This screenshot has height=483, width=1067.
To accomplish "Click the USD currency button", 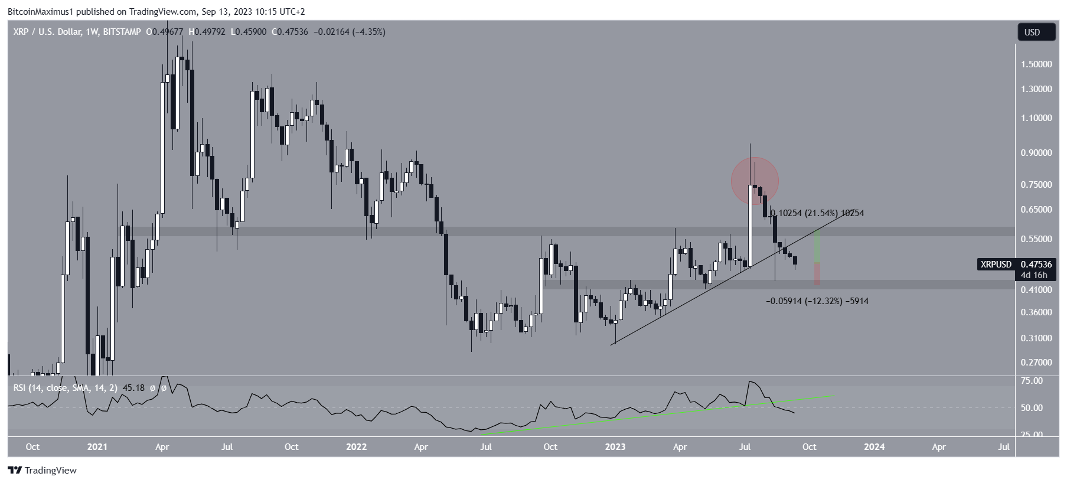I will (x=1036, y=32).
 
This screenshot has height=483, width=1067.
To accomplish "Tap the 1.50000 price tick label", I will (x=1036, y=64).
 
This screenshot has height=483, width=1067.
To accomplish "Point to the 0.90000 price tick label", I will (x=1036, y=153).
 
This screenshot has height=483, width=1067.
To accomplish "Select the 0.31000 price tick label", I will (x=1036, y=338).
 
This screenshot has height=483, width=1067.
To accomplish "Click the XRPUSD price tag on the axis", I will (x=996, y=265).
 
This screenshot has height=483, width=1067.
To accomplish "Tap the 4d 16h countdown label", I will (x=1034, y=275).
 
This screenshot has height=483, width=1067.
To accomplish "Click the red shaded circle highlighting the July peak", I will (x=755, y=181).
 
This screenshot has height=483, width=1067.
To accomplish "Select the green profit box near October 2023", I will (x=817, y=247).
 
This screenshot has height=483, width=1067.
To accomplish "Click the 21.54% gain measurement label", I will (x=817, y=213).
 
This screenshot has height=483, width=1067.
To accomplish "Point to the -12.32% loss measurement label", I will (x=817, y=301).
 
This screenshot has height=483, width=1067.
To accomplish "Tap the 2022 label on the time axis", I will (x=356, y=447).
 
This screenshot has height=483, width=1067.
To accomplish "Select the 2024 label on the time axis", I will (x=874, y=447).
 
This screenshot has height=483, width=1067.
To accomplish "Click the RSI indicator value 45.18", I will (x=134, y=388).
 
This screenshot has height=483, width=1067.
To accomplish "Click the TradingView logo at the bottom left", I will (x=43, y=471).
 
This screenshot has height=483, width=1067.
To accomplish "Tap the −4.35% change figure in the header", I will (x=369, y=32).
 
